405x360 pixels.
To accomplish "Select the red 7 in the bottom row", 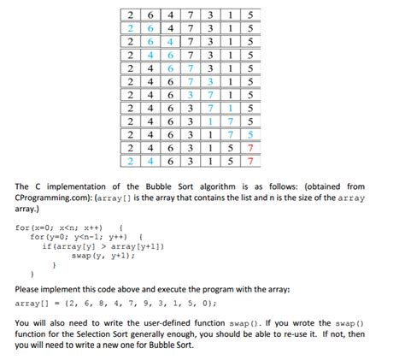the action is click(x=250, y=160).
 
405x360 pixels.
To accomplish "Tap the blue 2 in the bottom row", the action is click(x=127, y=160).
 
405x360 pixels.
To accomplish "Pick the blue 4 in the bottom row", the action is click(x=148, y=160).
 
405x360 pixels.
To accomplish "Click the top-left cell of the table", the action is click(x=127, y=15).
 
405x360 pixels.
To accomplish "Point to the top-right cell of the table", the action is click(x=250, y=15).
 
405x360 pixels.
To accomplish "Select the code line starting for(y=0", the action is click(x=85, y=237).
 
